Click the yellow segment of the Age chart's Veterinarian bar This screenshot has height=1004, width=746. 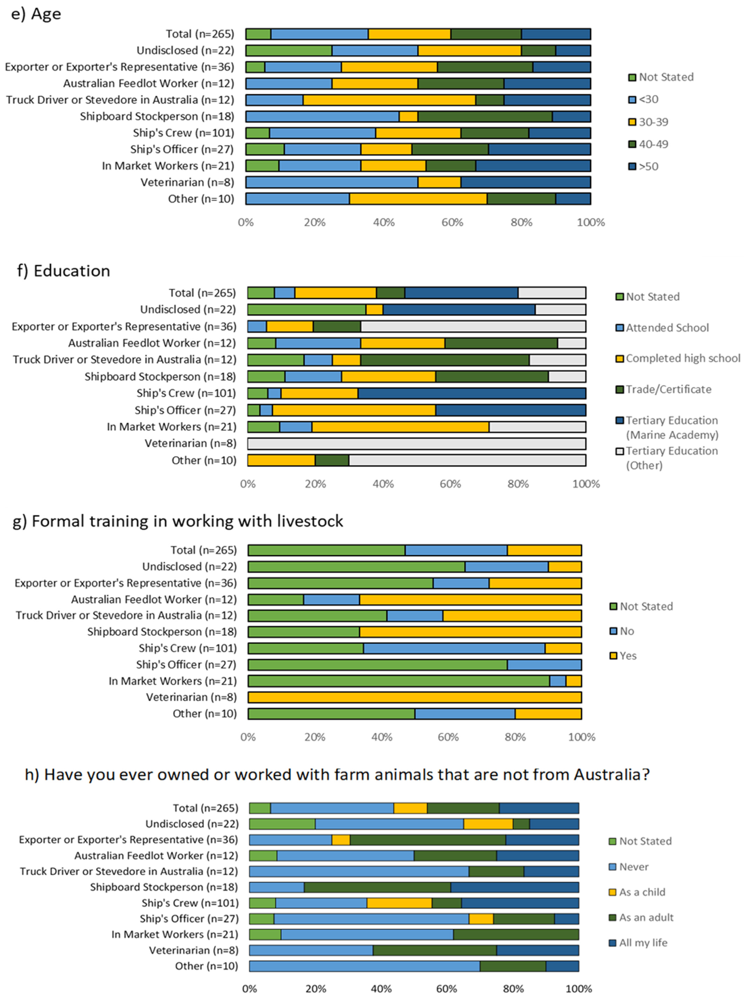[439, 183]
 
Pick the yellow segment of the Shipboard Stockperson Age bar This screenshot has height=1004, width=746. [408, 116]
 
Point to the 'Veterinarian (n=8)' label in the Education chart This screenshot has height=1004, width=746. [190, 443]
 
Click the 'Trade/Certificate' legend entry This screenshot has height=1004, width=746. [668, 389]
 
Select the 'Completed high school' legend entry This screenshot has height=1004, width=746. [682, 359]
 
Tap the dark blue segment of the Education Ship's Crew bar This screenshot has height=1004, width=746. [472, 393]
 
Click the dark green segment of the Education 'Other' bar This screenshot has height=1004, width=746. [332, 460]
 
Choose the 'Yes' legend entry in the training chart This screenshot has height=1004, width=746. [628, 656]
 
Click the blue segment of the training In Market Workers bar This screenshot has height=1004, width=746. [557, 681]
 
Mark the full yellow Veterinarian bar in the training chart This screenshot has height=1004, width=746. [415, 697]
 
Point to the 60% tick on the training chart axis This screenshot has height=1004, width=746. [448, 737]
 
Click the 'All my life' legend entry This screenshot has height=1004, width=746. [643, 943]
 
